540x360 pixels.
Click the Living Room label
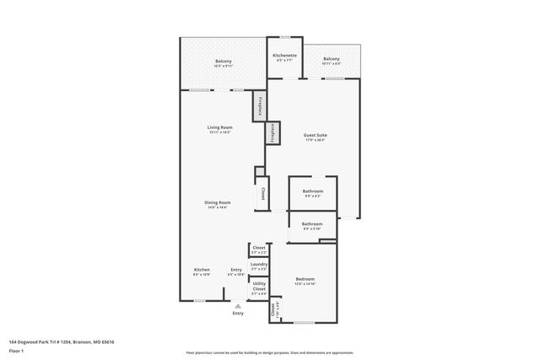(219, 126)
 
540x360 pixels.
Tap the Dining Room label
(218, 201)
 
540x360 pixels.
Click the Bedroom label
(305, 278)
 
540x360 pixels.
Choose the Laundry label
(259, 264)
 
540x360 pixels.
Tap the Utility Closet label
(259, 286)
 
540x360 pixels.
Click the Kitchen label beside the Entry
(202, 269)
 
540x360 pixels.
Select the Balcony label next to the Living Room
(223, 61)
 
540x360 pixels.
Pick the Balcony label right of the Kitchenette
(332, 58)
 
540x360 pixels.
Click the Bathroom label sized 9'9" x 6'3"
(312, 191)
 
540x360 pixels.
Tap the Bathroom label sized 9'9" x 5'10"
(312, 223)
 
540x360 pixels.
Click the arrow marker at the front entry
(238, 306)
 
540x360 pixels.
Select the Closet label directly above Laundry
(259, 247)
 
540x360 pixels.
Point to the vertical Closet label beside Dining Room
(262, 193)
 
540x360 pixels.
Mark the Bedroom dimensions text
(305, 283)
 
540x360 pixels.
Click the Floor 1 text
(16, 350)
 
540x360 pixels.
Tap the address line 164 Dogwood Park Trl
(62, 341)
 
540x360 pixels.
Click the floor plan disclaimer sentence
(270, 352)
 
